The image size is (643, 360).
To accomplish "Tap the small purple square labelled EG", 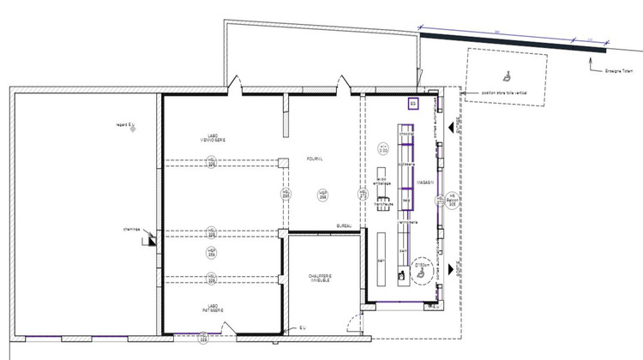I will click(x=412, y=103).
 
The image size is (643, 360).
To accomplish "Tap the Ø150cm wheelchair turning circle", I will click(x=421, y=267).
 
